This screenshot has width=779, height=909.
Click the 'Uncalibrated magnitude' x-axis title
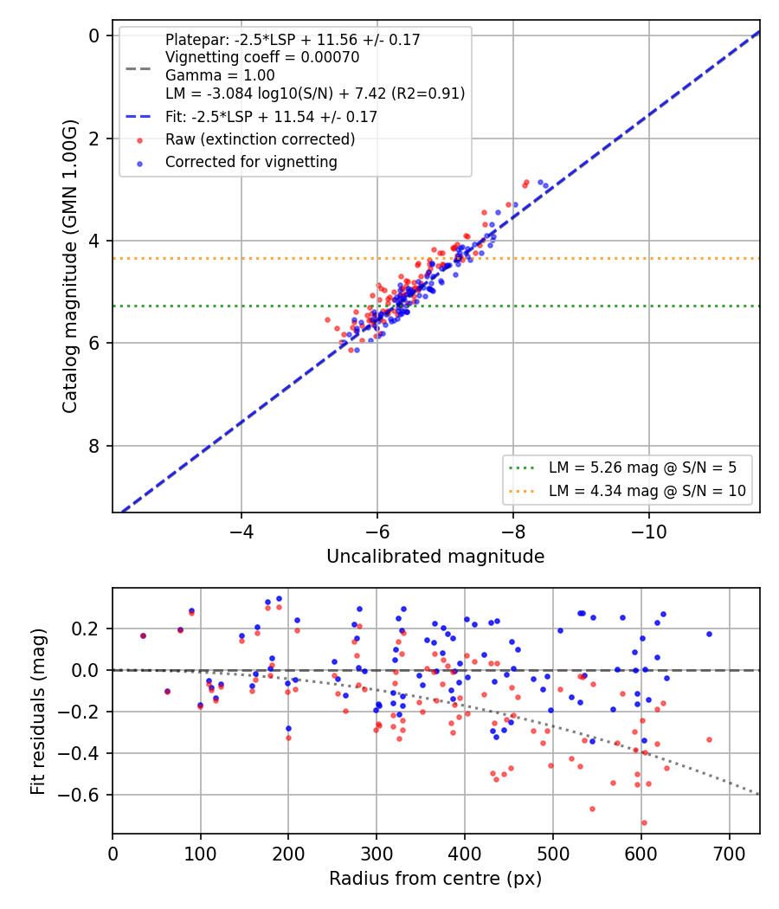(435, 557)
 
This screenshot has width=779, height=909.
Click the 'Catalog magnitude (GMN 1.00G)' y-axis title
(69, 266)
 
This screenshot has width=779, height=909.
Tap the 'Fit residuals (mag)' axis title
(38, 712)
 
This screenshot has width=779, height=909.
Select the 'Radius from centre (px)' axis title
(435, 879)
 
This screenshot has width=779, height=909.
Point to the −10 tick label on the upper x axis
(648, 532)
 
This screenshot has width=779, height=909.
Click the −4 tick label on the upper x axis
(241, 532)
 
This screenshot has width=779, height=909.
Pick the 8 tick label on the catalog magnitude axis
(93, 446)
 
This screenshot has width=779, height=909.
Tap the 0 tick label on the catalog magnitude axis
(93, 36)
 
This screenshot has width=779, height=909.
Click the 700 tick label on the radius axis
(729, 854)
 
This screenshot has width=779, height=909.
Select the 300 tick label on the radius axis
(377, 854)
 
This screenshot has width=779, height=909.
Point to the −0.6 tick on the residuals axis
(81, 795)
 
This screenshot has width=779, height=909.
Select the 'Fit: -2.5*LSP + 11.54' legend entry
(252, 117)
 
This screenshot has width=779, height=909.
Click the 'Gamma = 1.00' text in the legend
(220, 75)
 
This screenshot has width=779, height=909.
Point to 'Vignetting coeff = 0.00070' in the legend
(262, 57)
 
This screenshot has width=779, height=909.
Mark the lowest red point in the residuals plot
(644, 823)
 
